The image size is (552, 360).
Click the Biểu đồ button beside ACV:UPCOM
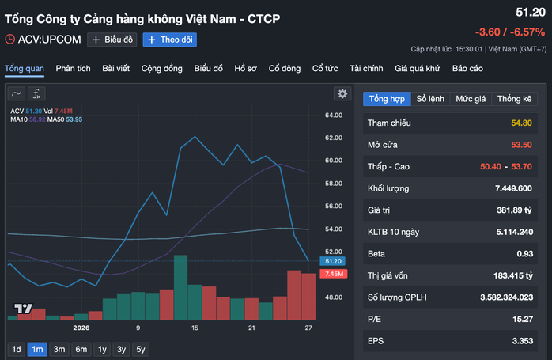click(113, 40)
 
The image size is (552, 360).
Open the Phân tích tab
click(74, 68)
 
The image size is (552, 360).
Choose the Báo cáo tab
click(467, 68)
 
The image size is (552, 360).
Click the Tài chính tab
click(366, 68)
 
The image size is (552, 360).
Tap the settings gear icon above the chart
click(342, 93)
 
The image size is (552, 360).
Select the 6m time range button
click(81, 349)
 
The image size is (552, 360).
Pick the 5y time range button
click(141, 349)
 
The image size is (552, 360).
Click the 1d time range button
click(16, 349)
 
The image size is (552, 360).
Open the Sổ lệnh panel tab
click(430, 99)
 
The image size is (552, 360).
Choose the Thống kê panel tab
click(515, 99)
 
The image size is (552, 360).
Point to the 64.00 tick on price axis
click(334, 116)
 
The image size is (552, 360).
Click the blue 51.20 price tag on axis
click(332, 261)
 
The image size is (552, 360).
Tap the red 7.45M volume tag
click(332, 274)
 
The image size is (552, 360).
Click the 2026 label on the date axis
click(81, 327)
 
